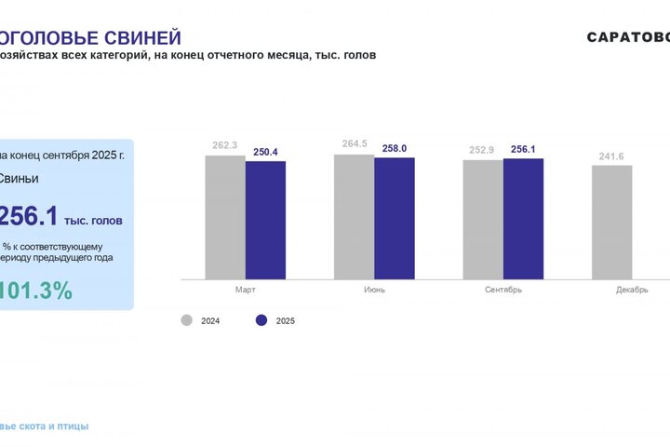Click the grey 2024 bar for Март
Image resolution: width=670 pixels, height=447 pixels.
tap(225, 217)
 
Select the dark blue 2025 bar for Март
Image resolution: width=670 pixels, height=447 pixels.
tap(265, 220)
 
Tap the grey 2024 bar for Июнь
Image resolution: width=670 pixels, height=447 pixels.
tap(354, 216)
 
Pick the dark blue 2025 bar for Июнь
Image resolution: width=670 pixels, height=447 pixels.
tap(394, 218)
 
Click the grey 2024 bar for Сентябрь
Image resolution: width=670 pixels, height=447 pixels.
tap(483, 219)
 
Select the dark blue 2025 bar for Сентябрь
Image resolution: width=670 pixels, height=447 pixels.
tap(523, 219)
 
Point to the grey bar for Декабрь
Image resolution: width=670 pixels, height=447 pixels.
tap(611, 222)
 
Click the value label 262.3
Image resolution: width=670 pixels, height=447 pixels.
tap(225, 145)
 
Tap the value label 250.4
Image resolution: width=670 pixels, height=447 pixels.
tap(265, 152)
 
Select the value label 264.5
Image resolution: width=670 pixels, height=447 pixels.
tap(355, 144)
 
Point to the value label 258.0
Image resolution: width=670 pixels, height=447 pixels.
tap(395, 148)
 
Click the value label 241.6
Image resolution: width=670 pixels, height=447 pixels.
tap(611, 156)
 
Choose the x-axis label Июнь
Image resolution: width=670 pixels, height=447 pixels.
tap(374, 290)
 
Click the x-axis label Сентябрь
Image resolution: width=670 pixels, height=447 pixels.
tap(503, 290)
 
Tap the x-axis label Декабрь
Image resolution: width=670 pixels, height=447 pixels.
tap(632, 290)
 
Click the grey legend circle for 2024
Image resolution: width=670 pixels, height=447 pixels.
tap(186, 320)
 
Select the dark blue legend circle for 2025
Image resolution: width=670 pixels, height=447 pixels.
tap(261, 320)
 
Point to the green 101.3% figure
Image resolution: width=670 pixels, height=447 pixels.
tap(36, 291)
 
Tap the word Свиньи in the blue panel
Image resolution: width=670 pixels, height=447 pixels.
tap(20, 178)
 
